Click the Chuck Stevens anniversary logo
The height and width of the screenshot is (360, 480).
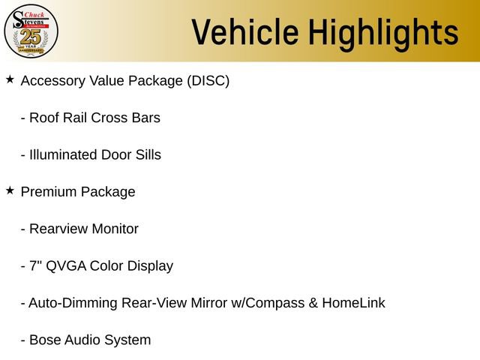(31, 31)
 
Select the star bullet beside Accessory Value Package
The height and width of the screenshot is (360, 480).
(10, 79)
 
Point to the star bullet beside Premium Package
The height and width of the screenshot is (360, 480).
(10, 190)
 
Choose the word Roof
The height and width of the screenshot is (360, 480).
(44, 118)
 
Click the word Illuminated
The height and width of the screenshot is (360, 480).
(63, 155)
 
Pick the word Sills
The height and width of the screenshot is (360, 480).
(145, 155)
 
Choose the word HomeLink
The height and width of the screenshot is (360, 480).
(353, 304)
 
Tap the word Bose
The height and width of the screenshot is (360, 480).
(45, 340)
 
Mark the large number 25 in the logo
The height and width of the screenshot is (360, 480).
(31, 36)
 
